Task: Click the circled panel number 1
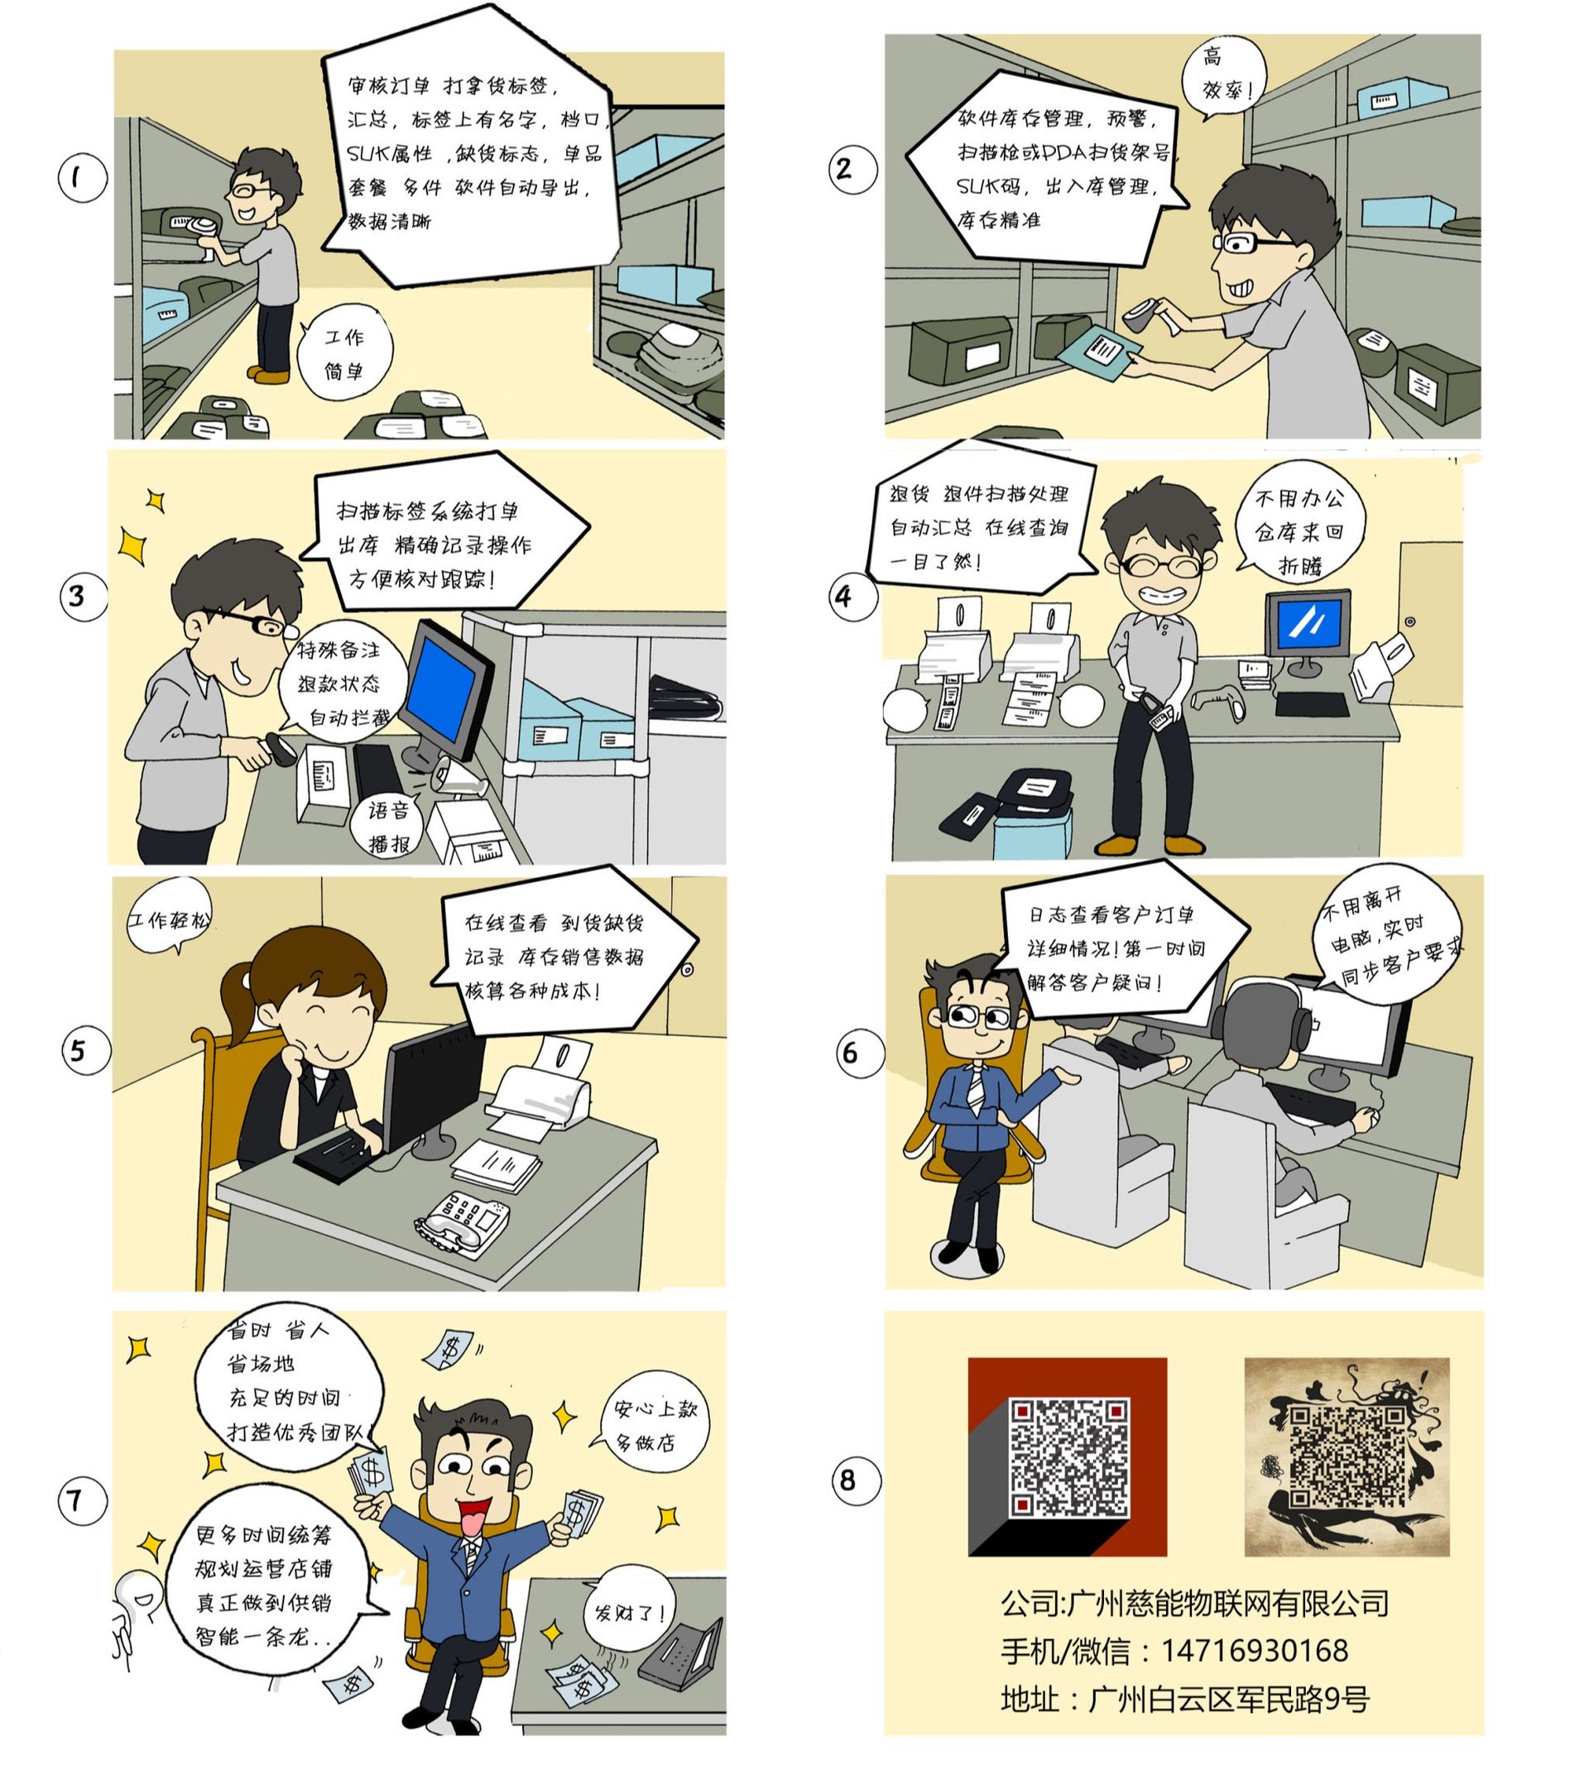pos(82,178)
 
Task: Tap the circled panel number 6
pos(860,1053)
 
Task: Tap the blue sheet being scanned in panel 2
pos(1098,353)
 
